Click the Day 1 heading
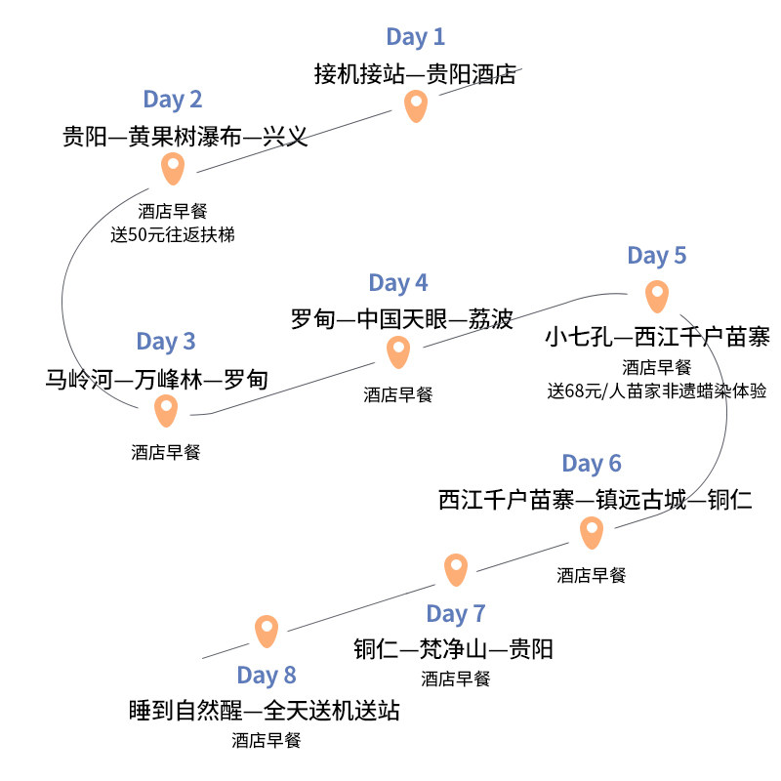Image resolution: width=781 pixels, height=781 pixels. click(x=415, y=37)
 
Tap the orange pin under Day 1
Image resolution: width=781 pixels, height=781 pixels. click(x=417, y=104)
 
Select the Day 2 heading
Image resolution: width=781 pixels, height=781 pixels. click(x=172, y=99)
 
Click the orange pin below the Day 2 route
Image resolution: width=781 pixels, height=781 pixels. click(x=173, y=168)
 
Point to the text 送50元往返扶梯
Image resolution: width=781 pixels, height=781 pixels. click(x=173, y=234)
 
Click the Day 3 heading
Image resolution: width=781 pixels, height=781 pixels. click(x=166, y=341)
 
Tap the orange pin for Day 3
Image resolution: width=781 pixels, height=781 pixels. click(x=167, y=409)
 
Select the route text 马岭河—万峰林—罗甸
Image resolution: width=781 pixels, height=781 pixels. click(x=156, y=378)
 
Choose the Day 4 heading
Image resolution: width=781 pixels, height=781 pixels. click(x=397, y=283)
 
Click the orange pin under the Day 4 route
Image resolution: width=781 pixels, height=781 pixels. click(x=397, y=350)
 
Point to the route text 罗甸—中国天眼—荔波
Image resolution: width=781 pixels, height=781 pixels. click(x=401, y=319)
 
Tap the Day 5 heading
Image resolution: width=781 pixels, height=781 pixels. click(x=657, y=256)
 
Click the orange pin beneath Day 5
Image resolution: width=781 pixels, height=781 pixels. click(x=657, y=295)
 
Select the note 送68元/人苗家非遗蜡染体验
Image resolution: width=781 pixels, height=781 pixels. click(x=657, y=391)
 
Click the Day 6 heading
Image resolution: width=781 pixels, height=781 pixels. click(x=592, y=463)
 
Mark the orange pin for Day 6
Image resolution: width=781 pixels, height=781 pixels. click(x=592, y=532)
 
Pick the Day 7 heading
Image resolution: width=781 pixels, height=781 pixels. click(x=455, y=614)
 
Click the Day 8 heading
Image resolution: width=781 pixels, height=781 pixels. click(x=266, y=676)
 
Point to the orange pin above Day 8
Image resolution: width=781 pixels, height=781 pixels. click(x=267, y=630)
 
